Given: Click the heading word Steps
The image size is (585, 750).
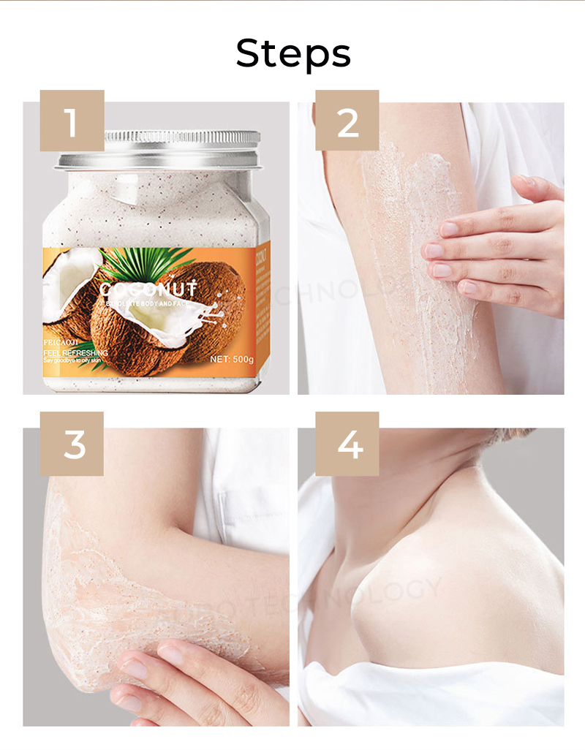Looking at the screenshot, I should pyautogui.click(x=292, y=53).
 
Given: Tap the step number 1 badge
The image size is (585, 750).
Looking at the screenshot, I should pyautogui.click(x=72, y=121).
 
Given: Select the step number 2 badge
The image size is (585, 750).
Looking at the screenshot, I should pyautogui.click(x=347, y=121).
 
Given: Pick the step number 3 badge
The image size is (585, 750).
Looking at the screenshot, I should pyautogui.click(x=72, y=443).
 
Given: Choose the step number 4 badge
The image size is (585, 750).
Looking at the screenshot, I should pyautogui.click(x=347, y=443).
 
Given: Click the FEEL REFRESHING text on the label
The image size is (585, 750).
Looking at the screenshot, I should pyautogui.click(x=75, y=353).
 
